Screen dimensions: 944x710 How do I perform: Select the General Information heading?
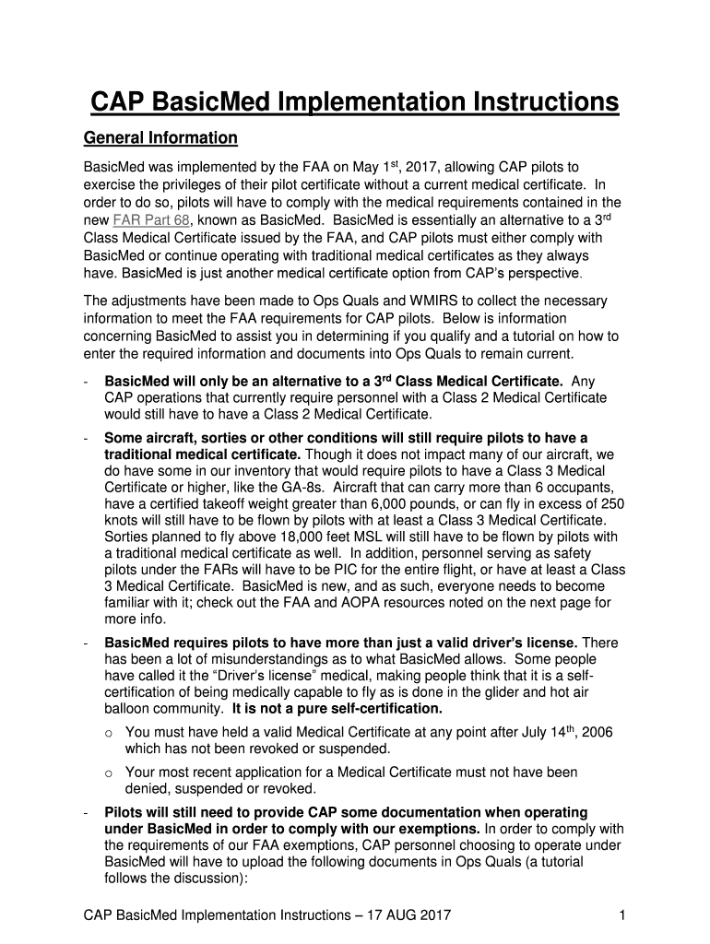tap(160, 138)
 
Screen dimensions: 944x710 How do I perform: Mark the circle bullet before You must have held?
tap(108, 733)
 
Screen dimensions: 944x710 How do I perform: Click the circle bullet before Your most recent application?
tap(108, 773)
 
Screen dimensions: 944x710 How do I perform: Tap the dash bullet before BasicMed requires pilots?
tap(85, 643)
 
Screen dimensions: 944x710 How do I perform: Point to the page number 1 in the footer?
tap(623, 914)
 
